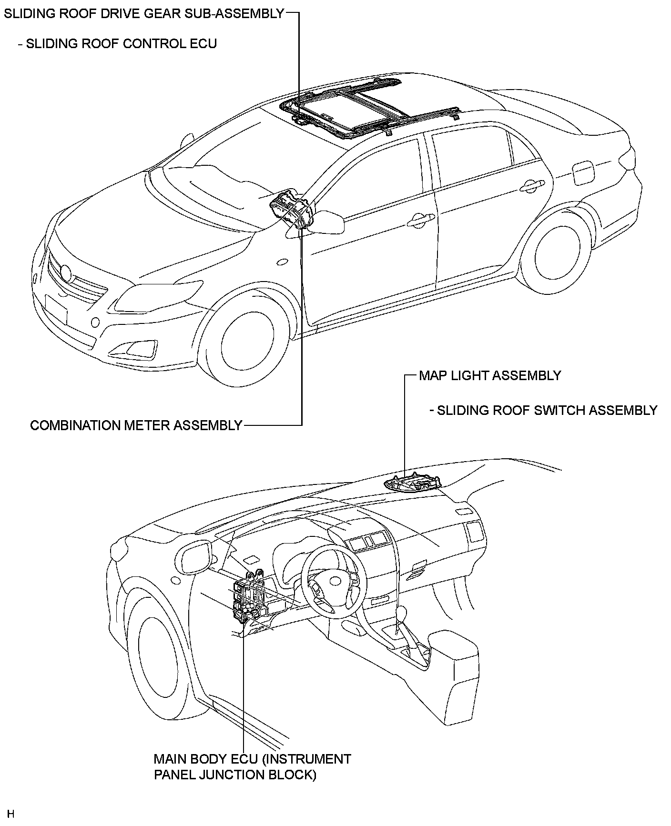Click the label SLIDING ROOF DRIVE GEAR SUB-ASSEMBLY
pyautogui.click(x=144, y=13)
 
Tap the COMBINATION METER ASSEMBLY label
pyautogui.click(x=136, y=425)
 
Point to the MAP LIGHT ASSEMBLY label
pyautogui.click(x=490, y=375)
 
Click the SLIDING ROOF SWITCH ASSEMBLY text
pyautogui.click(x=547, y=410)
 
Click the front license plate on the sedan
pyautogui.click(x=56, y=310)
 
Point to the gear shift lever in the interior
pyautogui.click(x=402, y=614)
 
